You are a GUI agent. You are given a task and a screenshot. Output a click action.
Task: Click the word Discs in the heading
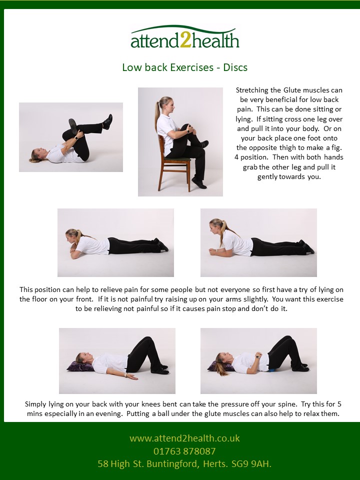tap(235, 67)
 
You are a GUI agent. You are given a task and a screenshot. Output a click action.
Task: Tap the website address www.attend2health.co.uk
tap(184, 438)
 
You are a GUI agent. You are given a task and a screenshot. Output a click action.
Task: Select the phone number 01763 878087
tap(184, 451)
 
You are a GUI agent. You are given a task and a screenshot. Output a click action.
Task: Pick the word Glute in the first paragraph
tap(291, 90)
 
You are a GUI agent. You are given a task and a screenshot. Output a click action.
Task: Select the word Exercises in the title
tap(191, 67)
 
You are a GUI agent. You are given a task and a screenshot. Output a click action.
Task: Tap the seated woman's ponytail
tap(157, 112)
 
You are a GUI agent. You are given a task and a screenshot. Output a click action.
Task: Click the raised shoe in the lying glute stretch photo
tap(107, 122)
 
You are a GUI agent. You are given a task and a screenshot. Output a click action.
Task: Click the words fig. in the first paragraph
tap(336, 148)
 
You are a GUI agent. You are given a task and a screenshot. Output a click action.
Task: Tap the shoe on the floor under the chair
tap(199, 183)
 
